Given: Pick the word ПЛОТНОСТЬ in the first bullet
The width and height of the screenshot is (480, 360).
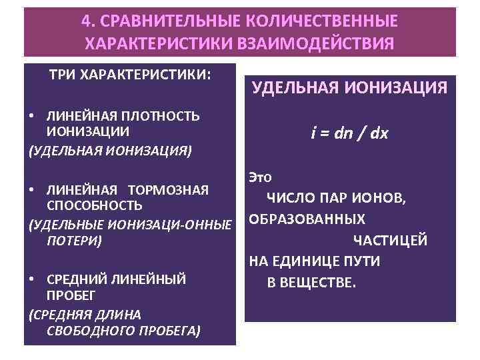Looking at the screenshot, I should tap(161, 116).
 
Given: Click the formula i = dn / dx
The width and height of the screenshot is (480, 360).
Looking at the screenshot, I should tap(349, 133).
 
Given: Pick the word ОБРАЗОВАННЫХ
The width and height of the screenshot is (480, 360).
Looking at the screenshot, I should tap(307, 219).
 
